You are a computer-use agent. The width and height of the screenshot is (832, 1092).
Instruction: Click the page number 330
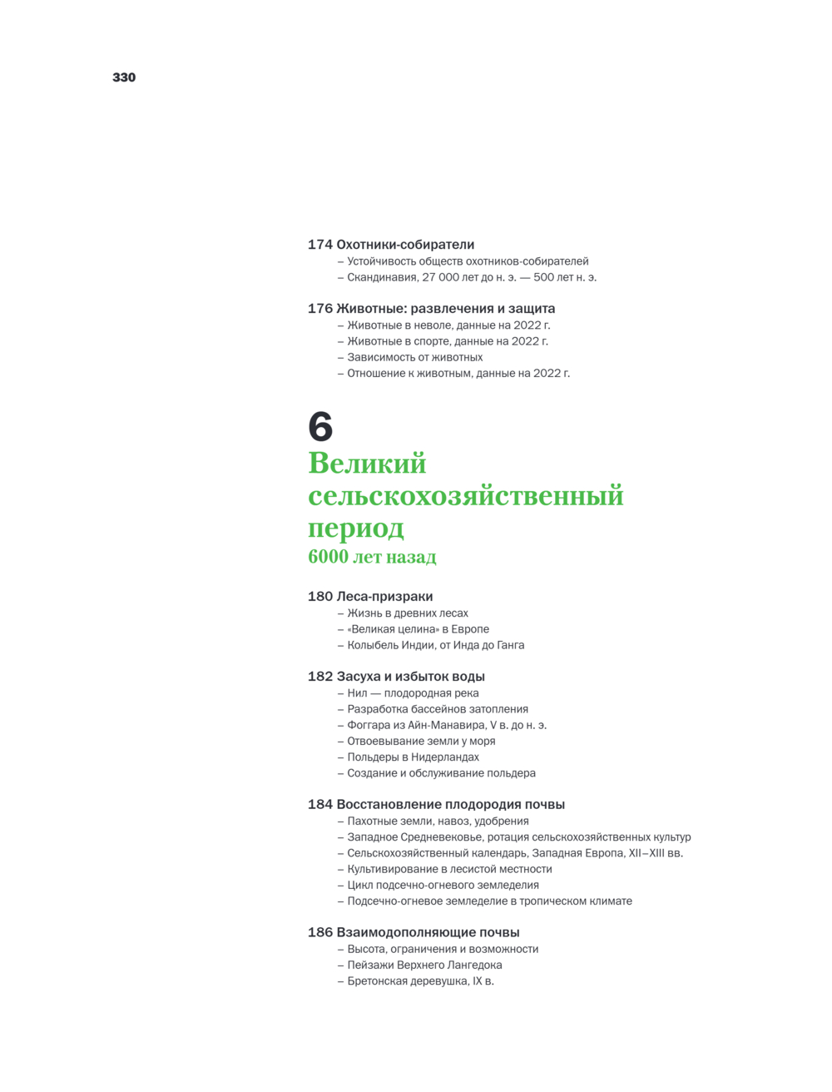tap(124, 77)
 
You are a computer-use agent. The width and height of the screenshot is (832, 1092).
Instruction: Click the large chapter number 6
tap(320, 427)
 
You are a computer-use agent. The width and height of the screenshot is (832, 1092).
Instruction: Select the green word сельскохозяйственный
tap(465, 495)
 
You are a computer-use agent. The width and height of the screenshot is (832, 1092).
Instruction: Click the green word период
tap(356, 528)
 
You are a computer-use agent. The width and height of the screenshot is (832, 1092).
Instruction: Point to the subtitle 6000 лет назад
tap(372, 557)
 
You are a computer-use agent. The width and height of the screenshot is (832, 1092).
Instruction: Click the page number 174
tap(319, 245)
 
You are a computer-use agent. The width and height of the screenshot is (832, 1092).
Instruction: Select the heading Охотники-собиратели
tap(405, 245)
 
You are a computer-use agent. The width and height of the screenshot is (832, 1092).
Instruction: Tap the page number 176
tap(319, 309)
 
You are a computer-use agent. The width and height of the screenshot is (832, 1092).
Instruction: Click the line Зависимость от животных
tap(414, 357)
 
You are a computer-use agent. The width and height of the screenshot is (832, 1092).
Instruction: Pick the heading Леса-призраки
tap(384, 597)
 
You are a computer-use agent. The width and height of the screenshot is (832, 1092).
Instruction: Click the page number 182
tap(319, 677)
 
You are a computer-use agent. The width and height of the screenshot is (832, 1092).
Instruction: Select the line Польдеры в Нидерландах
tap(413, 757)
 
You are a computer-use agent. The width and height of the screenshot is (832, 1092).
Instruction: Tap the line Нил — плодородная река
tap(413, 693)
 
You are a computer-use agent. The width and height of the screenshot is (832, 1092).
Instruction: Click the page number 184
tap(319, 805)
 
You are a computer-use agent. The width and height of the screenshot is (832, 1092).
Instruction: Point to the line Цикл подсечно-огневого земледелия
tap(443, 886)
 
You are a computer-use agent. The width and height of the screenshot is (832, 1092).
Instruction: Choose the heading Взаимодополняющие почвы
tap(428, 933)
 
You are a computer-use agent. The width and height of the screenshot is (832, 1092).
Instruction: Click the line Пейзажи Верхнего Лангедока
tap(424, 965)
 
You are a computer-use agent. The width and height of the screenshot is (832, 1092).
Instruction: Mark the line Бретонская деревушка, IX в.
tap(420, 981)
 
